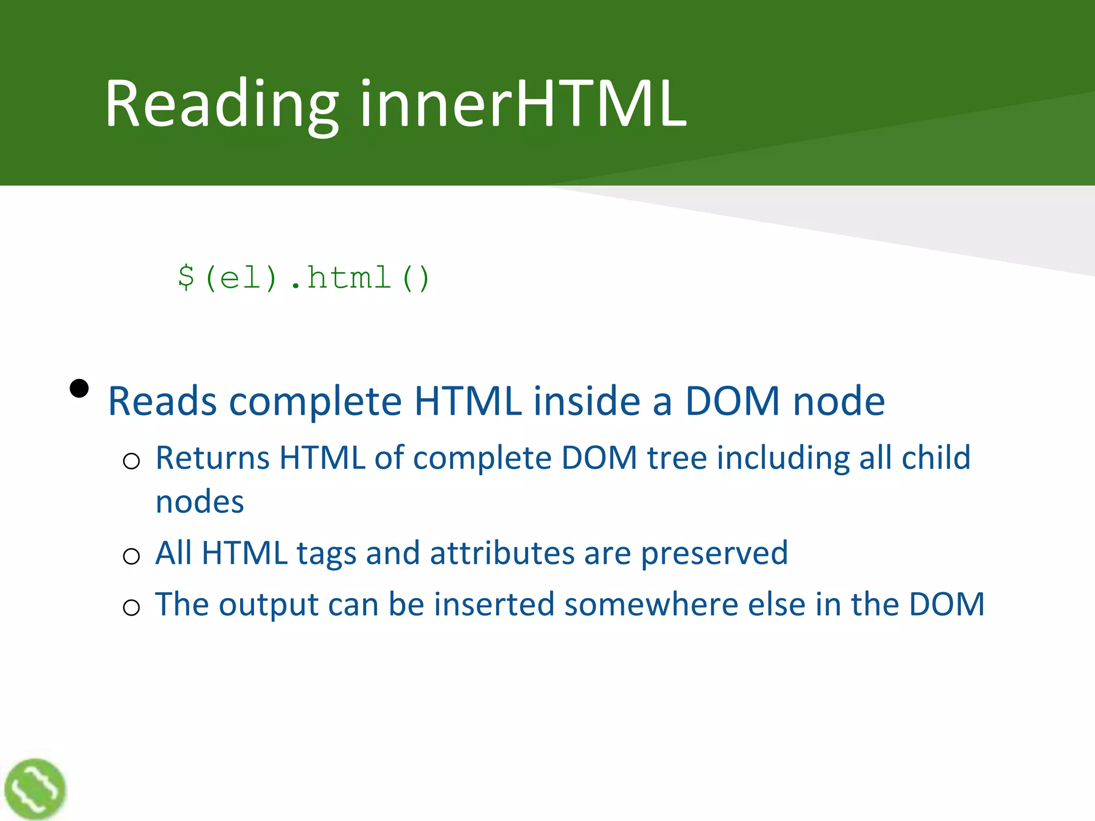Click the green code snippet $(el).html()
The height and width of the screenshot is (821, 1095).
tap(304, 278)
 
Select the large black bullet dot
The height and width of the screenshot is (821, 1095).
tap(79, 389)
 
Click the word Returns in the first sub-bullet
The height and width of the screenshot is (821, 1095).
tap(212, 458)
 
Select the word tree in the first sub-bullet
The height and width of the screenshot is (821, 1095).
tap(677, 458)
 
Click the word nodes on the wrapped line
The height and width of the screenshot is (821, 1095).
tap(199, 502)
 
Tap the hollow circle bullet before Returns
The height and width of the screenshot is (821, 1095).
tap(132, 461)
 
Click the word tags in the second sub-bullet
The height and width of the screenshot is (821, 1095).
tap(326, 553)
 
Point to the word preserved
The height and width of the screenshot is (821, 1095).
tap(714, 554)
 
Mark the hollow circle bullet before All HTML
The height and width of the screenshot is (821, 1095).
tap(132, 556)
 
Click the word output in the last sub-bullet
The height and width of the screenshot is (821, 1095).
tap(269, 605)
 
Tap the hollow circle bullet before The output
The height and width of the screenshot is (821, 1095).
tap(132, 608)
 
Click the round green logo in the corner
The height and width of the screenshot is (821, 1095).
tap(35, 789)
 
